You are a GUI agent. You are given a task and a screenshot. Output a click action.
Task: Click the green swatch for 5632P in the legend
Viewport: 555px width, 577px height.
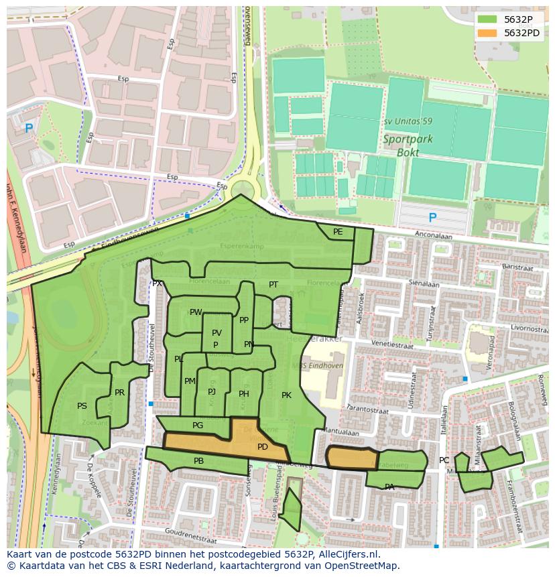(488, 19)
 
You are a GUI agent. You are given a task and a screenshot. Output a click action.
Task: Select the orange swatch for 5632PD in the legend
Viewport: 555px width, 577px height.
(488, 33)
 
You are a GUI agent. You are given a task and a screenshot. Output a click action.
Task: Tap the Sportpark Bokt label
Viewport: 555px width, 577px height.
(408, 145)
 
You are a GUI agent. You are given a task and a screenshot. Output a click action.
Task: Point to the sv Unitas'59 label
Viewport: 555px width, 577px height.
(408, 122)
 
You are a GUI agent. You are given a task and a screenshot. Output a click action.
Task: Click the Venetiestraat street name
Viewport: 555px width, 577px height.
(392, 345)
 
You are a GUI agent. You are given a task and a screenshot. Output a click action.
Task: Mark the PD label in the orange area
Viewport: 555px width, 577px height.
(263, 447)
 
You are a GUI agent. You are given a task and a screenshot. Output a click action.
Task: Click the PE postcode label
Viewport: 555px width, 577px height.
(338, 232)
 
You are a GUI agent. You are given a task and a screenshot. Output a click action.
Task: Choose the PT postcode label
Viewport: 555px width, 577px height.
(273, 285)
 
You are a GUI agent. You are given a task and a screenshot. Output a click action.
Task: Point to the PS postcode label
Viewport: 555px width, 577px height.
(82, 406)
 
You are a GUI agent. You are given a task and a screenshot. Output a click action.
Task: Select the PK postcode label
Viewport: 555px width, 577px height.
(286, 395)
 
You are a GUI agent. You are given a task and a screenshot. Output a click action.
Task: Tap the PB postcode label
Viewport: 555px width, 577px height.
(198, 461)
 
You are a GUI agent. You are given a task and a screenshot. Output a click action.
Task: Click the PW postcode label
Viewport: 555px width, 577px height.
(195, 312)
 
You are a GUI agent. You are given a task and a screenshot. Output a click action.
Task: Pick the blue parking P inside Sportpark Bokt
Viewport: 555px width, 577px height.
(432, 218)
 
